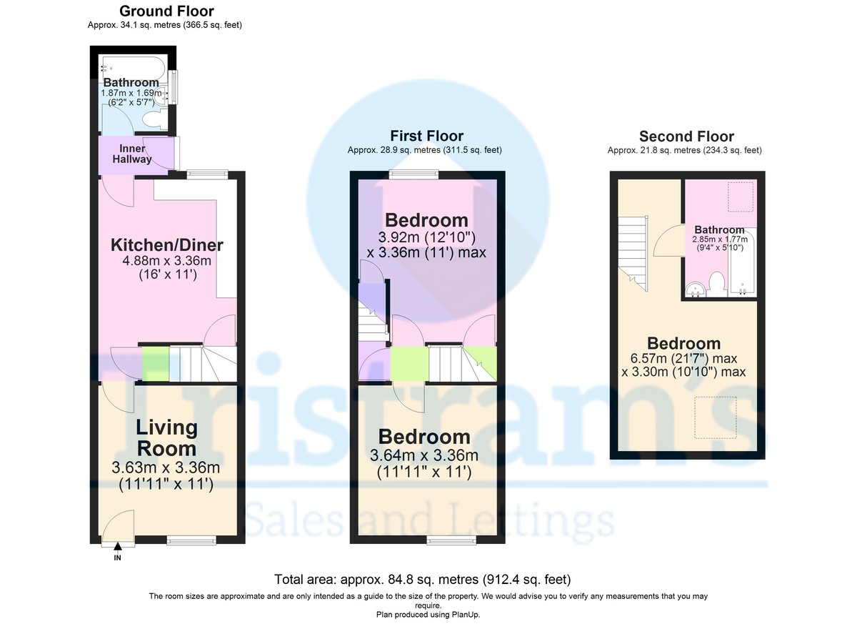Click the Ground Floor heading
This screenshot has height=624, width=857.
[x=166, y=11]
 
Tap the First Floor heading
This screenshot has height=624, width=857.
[x=426, y=136]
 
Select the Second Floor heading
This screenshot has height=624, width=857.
[x=686, y=137]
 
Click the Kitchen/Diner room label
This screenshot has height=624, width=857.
[x=166, y=245]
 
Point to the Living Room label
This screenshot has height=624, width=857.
[x=166, y=437]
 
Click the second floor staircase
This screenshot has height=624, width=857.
[x=632, y=254]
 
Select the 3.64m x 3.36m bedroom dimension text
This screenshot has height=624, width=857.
[x=424, y=463]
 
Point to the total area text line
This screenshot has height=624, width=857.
[x=422, y=579]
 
